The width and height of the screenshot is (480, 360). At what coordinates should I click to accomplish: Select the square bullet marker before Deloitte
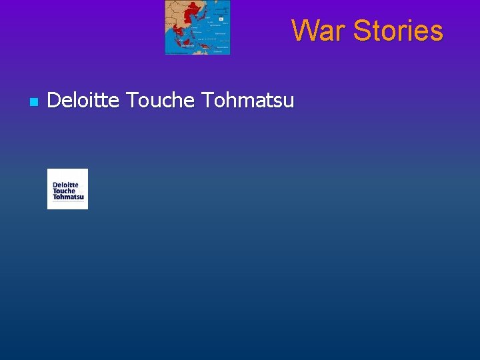click(33, 102)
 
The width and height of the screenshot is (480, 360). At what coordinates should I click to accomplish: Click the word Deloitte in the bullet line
click(83, 101)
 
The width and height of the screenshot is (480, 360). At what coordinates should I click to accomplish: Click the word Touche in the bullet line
click(160, 101)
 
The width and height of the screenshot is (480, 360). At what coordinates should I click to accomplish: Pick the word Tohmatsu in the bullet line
click(247, 101)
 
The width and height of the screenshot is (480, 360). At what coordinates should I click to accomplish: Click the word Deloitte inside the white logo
click(65, 185)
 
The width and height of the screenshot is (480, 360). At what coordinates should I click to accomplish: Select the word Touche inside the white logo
click(64, 191)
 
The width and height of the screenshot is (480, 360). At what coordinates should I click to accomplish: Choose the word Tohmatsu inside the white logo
click(68, 197)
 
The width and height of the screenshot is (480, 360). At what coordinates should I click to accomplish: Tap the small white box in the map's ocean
click(221, 19)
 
